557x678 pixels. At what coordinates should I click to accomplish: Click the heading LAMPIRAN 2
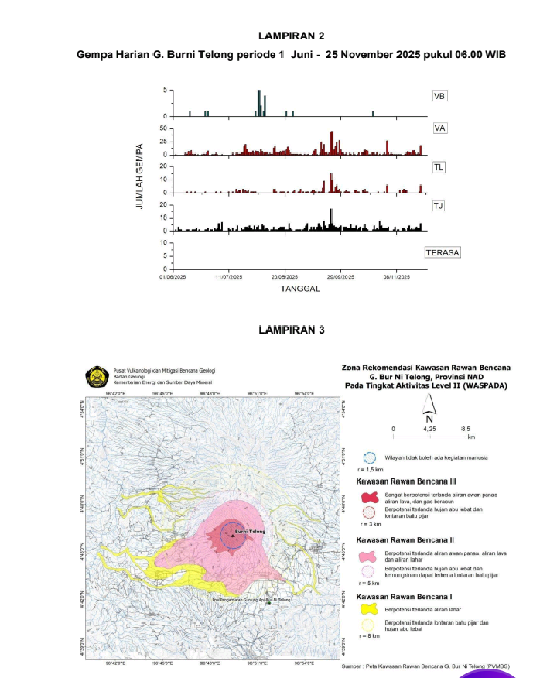291,36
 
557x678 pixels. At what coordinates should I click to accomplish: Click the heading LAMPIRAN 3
291,330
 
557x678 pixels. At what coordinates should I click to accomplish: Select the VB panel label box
439,97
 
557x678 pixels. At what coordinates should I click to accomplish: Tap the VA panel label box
439,128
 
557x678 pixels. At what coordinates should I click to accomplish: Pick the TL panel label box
439,167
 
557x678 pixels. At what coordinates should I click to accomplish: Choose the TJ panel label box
439,205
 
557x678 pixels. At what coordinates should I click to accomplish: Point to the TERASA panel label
442,253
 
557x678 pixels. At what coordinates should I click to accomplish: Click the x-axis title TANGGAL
300,288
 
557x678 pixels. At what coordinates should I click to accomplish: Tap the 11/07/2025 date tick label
229,276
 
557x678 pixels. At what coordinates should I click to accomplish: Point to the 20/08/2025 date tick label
285,276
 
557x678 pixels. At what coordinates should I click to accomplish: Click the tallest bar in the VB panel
259,103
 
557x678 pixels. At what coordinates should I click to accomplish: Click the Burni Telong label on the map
249,532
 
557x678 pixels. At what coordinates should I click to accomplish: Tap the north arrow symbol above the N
428,404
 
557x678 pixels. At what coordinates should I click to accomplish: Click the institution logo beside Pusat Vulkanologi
97,376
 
